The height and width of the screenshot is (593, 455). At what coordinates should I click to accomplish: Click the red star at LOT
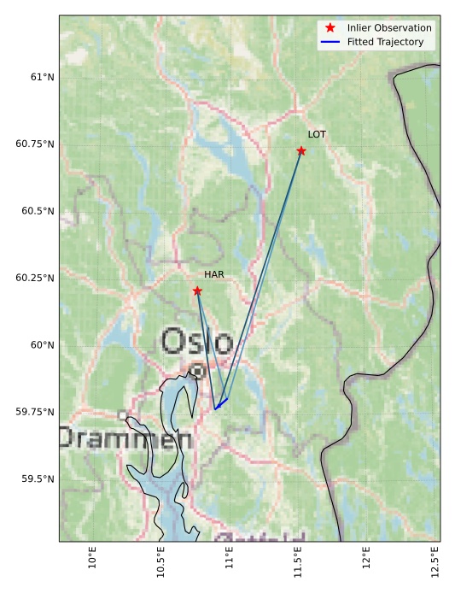tap(301, 151)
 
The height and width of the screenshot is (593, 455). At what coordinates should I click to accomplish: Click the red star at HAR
tap(197, 291)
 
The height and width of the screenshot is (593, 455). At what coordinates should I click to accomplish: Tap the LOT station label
tap(317, 135)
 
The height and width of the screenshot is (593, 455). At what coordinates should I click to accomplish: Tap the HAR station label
tap(213, 274)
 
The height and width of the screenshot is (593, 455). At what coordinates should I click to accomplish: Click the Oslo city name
tap(197, 342)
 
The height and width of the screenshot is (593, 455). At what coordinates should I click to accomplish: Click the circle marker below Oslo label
tap(197, 371)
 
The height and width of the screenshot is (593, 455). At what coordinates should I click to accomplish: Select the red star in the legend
tap(330, 28)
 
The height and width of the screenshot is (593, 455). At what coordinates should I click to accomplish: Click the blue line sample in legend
tap(330, 41)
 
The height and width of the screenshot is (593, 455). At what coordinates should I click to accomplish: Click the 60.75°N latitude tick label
tap(35, 144)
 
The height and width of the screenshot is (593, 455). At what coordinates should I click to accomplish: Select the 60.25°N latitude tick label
tap(35, 278)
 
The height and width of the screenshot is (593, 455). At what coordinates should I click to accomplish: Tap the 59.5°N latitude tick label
tap(38, 479)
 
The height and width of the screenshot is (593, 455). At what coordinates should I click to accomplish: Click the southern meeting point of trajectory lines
tap(216, 408)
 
